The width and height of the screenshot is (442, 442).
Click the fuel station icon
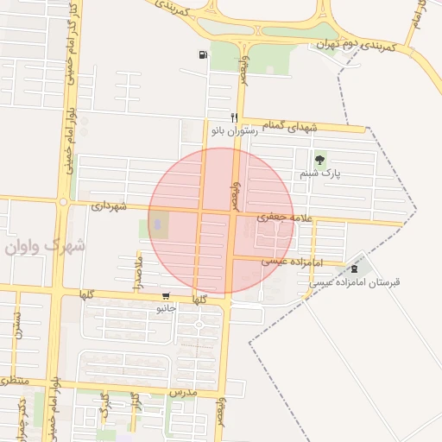pos(203,55)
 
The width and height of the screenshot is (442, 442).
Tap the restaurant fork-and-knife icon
pos(234,117)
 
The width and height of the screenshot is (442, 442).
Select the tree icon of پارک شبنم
pos(320,159)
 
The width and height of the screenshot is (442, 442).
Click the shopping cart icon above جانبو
pos(165,295)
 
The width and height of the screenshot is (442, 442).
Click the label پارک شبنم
pos(320,174)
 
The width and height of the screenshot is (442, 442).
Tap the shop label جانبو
pos(167,307)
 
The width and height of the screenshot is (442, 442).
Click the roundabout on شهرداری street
pos(63,203)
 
